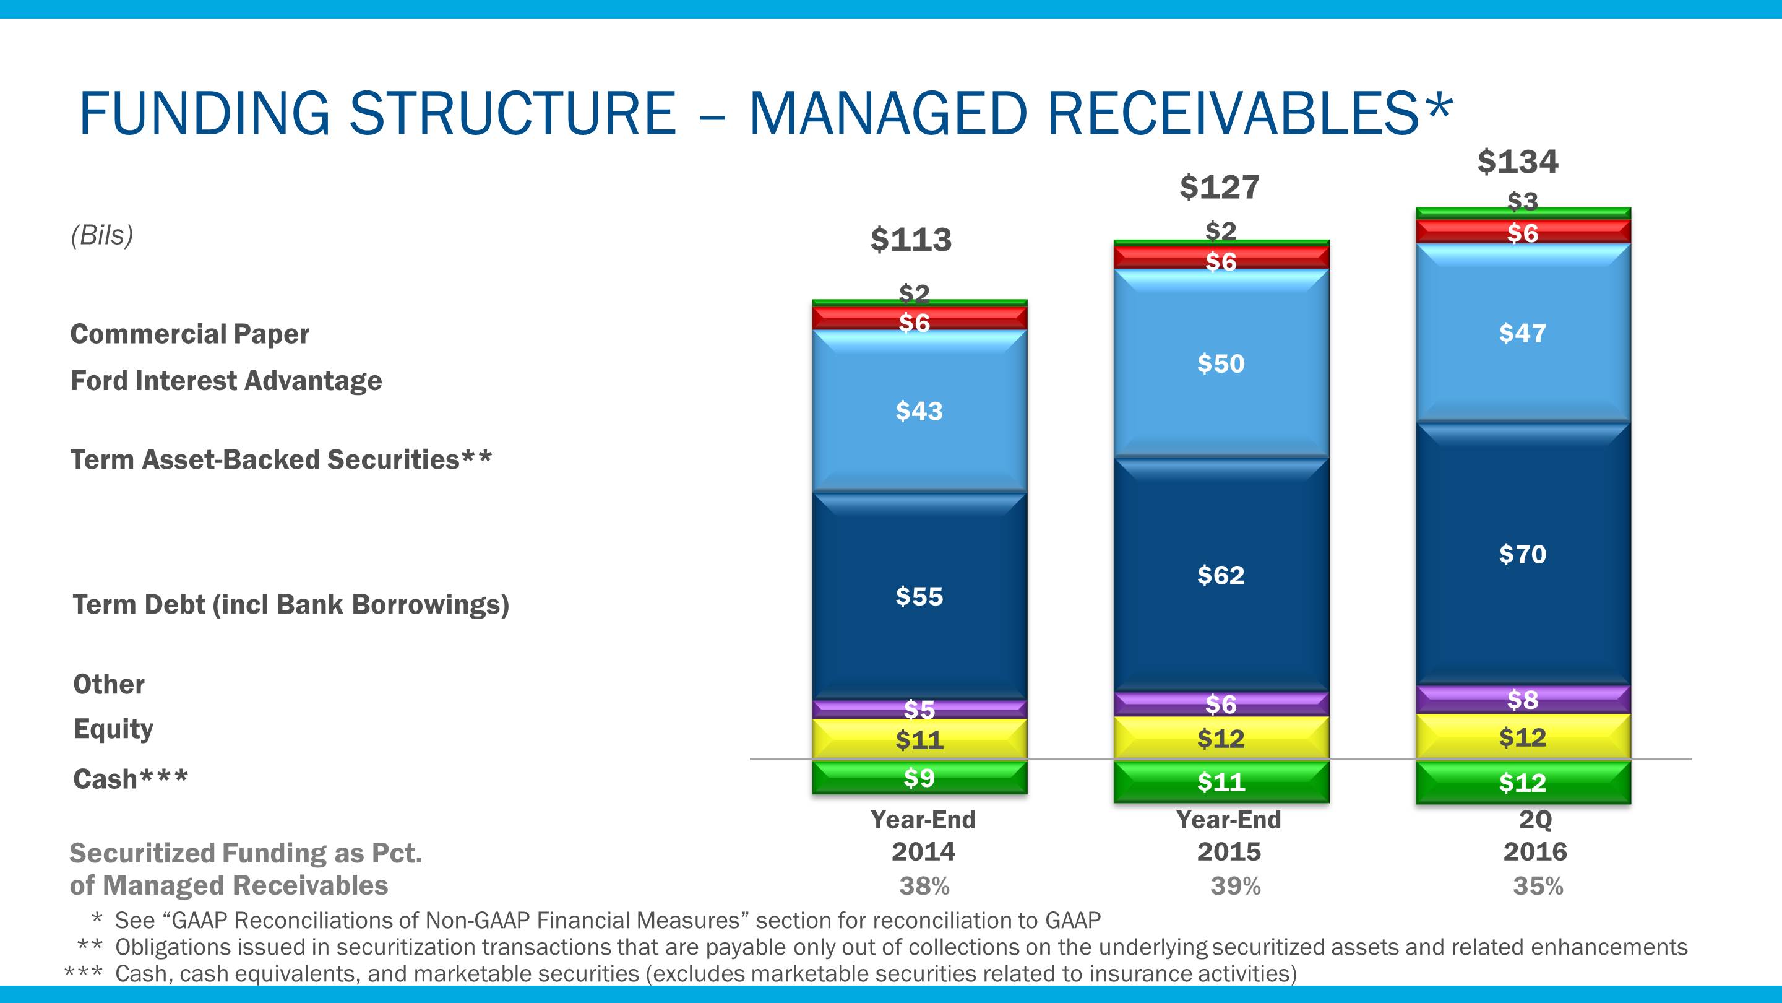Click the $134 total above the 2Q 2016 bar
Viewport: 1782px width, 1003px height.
pyautogui.click(x=1518, y=162)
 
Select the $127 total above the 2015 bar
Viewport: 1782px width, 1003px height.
pyautogui.click(x=1220, y=187)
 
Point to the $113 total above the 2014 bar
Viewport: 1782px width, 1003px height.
pyautogui.click(x=911, y=240)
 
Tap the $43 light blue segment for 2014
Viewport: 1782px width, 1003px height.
pyautogui.click(x=919, y=411)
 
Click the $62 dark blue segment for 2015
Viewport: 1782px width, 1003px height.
pyautogui.click(x=1221, y=575)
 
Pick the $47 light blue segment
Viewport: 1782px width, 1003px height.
pyautogui.click(x=1523, y=333)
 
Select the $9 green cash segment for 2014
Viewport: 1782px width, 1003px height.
pyautogui.click(x=919, y=778)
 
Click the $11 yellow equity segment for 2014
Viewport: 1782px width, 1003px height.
pyautogui.click(x=919, y=739)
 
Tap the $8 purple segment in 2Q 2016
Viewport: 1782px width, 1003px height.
pyautogui.click(x=1523, y=700)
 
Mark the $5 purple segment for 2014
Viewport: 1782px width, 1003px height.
pyautogui.click(x=919, y=710)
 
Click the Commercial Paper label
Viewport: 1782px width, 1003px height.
pyautogui.click(x=189, y=334)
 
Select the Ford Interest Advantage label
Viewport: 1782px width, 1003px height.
pyautogui.click(x=226, y=381)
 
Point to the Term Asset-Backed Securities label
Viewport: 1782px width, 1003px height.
pyautogui.click(x=281, y=459)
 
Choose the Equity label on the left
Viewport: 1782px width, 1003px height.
pyautogui.click(x=113, y=729)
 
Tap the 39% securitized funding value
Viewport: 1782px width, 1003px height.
pyautogui.click(x=1236, y=886)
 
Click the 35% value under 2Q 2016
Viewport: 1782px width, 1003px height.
pyautogui.click(x=1538, y=886)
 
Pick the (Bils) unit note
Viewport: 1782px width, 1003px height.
pyautogui.click(x=101, y=235)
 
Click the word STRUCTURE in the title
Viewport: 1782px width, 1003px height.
pyautogui.click(x=512, y=113)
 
